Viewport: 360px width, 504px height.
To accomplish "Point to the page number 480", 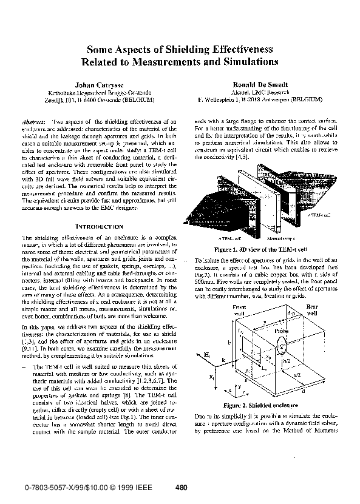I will [x=180, y=487].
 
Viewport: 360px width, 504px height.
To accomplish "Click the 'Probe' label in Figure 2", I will [x=281, y=332].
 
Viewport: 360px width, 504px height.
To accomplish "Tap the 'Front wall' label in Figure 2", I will [x=242, y=311].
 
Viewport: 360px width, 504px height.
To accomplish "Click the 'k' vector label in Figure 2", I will [x=223, y=360].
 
